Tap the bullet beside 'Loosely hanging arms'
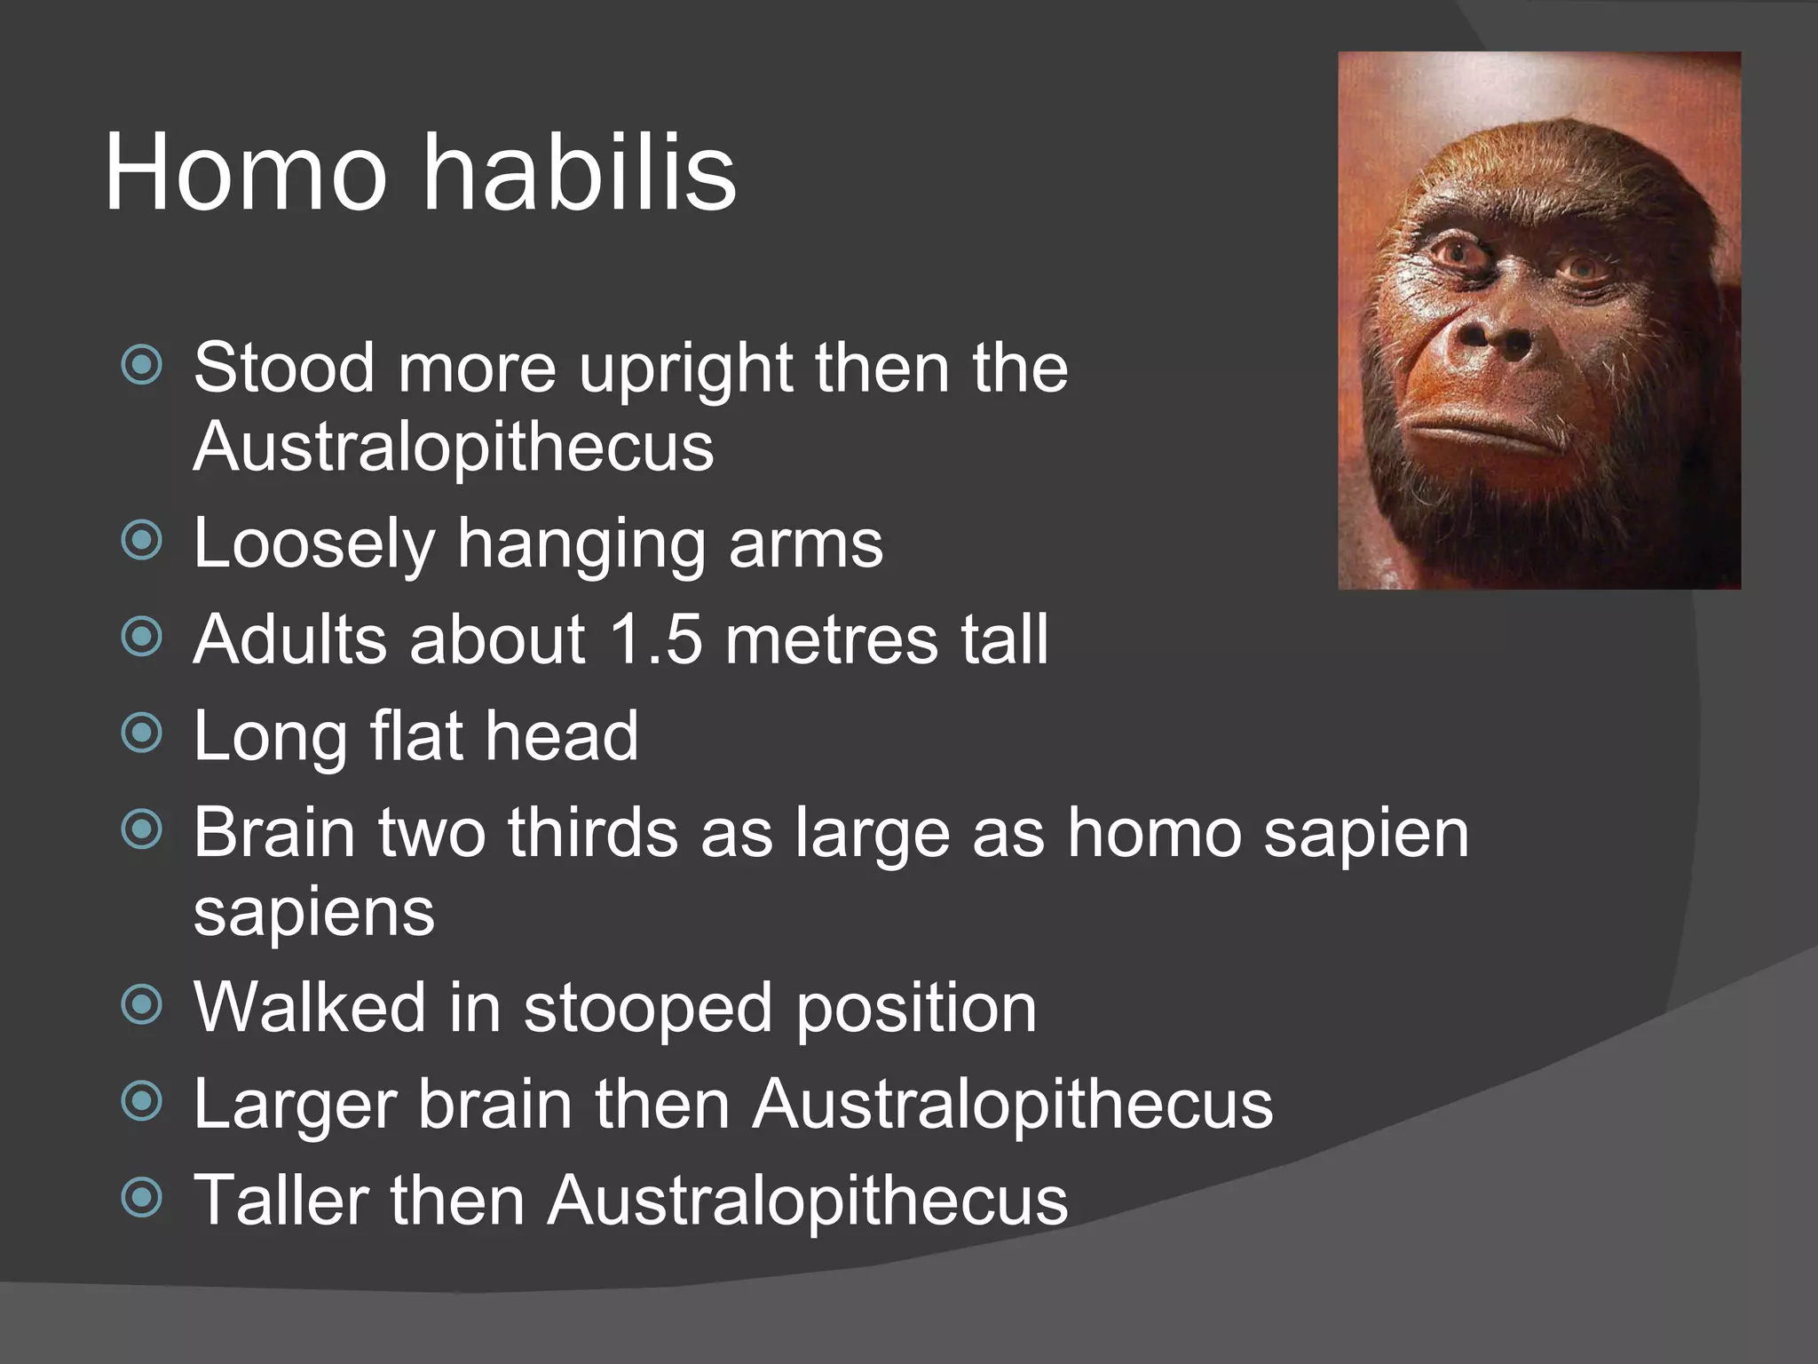(x=142, y=540)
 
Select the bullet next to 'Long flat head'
(x=142, y=733)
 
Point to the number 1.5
(x=656, y=638)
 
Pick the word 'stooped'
(x=647, y=1008)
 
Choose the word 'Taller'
(x=280, y=1200)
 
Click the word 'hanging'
(x=581, y=544)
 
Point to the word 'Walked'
(x=310, y=1008)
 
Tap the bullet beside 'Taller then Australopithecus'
(x=142, y=1197)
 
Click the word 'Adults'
(x=289, y=638)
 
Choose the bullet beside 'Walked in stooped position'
(x=142, y=1004)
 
